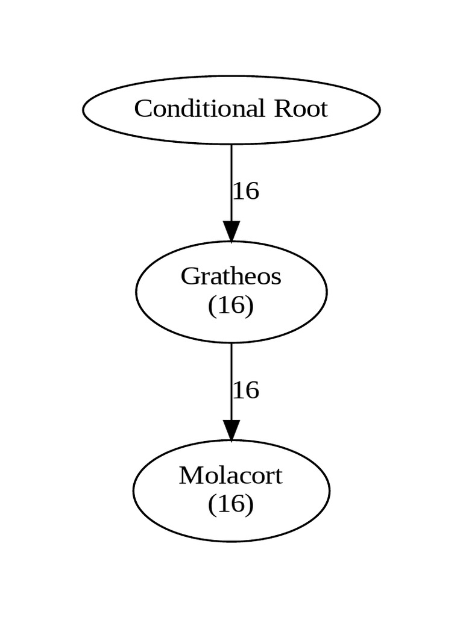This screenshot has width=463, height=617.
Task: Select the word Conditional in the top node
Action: click(199, 109)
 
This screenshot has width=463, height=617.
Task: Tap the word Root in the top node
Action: click(301, 109)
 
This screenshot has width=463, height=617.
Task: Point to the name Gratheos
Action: click(231, 277)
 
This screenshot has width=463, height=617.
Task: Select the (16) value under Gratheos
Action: click(231, 305)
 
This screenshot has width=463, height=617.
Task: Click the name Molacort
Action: click(231, 476)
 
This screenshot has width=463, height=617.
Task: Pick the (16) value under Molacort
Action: click(231, 504)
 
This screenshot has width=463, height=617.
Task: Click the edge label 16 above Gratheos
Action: click(246, 192)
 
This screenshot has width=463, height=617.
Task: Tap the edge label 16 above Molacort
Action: click(246, 390)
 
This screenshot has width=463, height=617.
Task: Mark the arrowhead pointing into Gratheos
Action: click(231, 231)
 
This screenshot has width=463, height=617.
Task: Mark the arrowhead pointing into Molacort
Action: click(231, 430)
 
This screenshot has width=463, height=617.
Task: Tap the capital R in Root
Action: click(282, 109)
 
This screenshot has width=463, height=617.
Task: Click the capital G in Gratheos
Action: click(189, 277)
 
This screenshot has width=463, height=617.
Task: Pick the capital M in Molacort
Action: click(189, 476)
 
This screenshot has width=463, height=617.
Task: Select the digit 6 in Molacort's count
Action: click(236, 504)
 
